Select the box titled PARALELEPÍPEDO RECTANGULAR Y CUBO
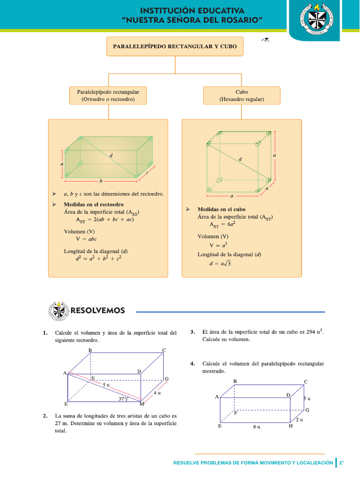tap(175, 46)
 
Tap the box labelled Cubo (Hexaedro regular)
tap(241, 96)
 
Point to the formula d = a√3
tap(220, 263)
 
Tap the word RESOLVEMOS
tap(97, 310)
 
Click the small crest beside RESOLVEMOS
tap(58, 311)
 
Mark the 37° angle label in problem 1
tap(123, 399)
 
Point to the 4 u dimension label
tap(157, 393)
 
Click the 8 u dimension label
tap(256, 427)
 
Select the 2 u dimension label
tap(299, 420)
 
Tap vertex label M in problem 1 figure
tap(142, 404)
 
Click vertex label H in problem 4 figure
tap(291, 426)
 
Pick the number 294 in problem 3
tap(310, 332)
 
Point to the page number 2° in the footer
tap(342, 463)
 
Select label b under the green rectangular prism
tap(100, 180)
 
